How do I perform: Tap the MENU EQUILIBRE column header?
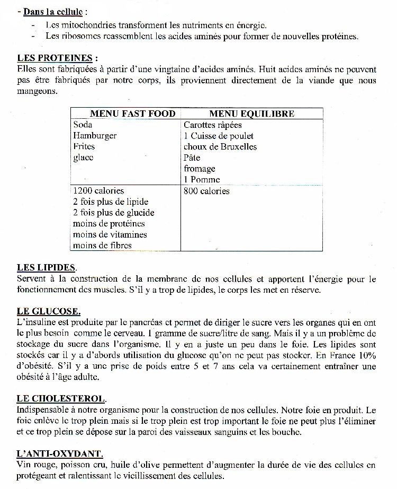[x=251, y=113]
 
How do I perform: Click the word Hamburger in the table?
[x=95, y=136]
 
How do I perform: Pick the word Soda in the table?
[x=83, y=125]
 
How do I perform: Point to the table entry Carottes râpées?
[x=213, y=125]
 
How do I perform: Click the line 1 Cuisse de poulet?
[x=219, y=136]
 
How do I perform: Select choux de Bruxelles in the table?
[x=220, y=147]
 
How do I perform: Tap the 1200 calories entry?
[x=98, y=191]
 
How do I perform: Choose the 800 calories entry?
[x=206, y=191]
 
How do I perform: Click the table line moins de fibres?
[x=102, y=246]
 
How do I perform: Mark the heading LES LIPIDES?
[x=47, y=268]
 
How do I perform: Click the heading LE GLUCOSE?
[x=49, y=311]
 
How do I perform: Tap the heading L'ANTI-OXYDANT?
[x=60, y=453]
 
